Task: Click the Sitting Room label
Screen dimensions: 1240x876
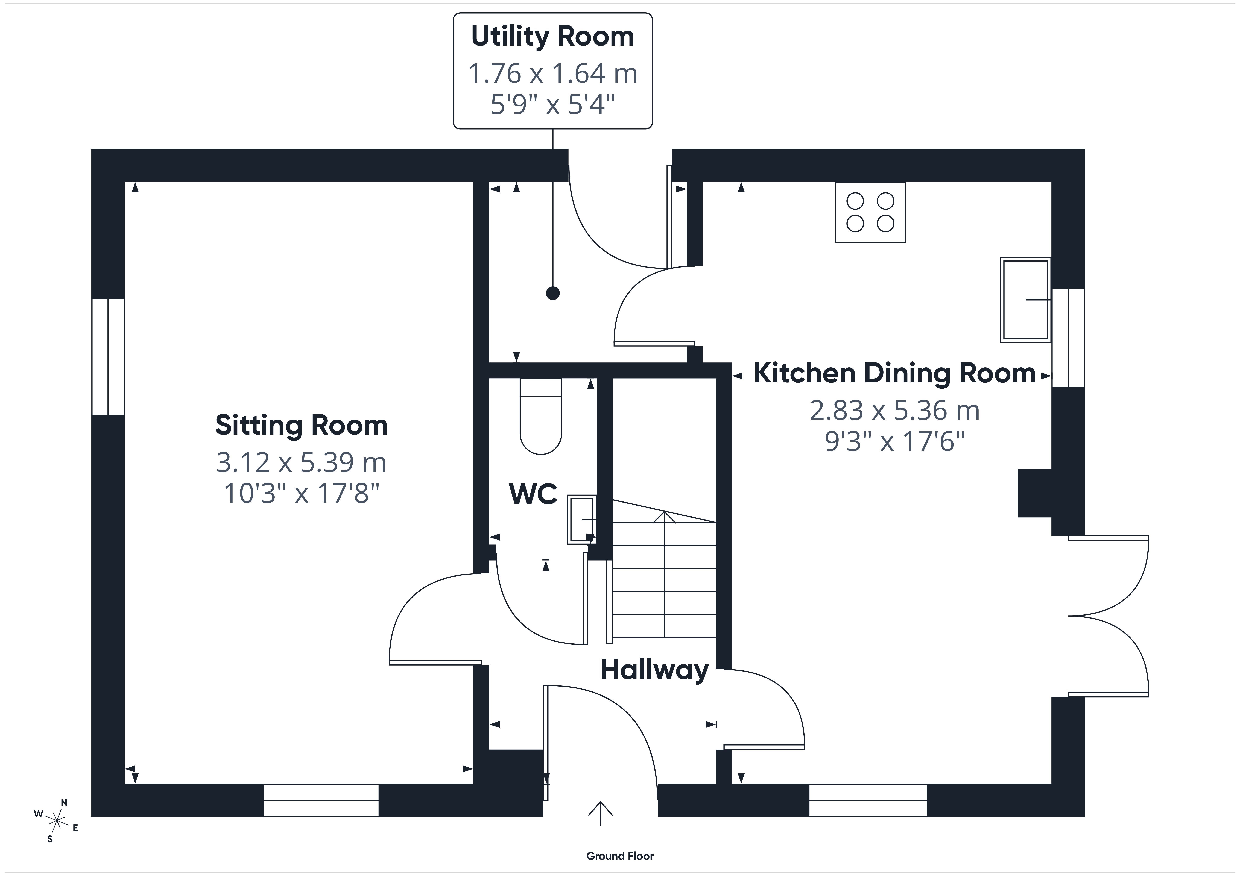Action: click(x=301, y=425)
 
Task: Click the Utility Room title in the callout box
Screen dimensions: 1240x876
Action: click(x=552, y=37)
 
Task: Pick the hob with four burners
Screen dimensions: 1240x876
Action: click(x=870, y=212)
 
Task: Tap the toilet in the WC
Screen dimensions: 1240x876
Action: click(x=541, y=416)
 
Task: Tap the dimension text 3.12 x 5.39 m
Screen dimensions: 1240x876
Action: click(x=301, y=462)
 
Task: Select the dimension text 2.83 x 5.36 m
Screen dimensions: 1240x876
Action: click(x=894, y=411)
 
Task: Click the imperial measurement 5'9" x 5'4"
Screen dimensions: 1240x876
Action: click(x=552, y=104)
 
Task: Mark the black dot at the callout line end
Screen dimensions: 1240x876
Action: click(x=552, y=294)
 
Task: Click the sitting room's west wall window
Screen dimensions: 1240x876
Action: click(x=108, y=357)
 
